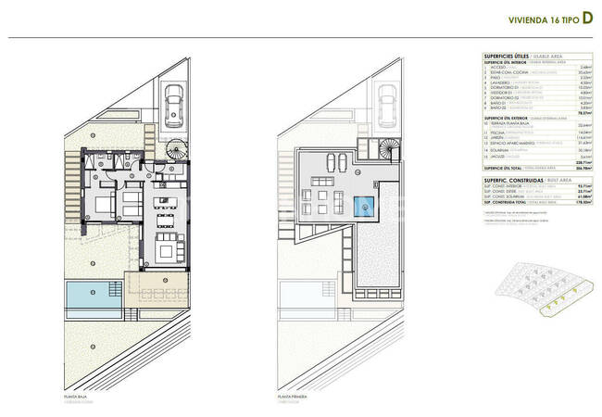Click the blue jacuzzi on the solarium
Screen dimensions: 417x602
pyautogui.click(x=366, y=205)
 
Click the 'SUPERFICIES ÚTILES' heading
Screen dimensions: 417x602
pyautogui.click(x=506, y=56)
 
